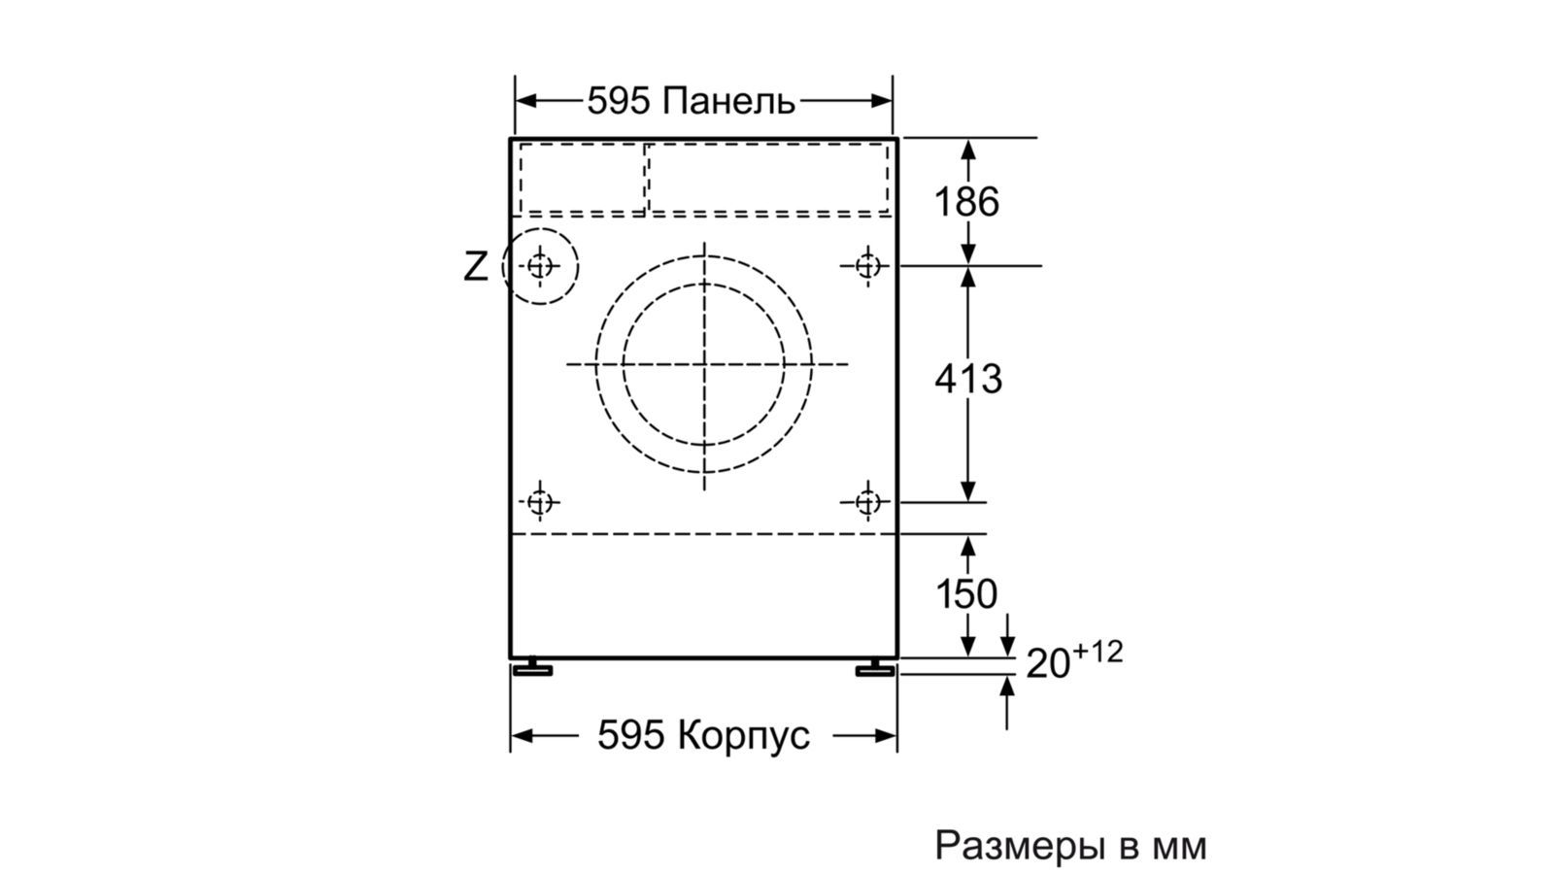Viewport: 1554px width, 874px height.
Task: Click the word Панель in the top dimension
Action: click(727, 101)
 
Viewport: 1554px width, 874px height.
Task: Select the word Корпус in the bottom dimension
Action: click(744, 734)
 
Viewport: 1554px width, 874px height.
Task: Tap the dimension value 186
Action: click(966, 202)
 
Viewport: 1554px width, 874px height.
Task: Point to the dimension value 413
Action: click(968, 380)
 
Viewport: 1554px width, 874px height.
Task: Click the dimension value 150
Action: click(966, 593)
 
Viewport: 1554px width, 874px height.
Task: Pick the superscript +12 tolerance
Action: click(1098, 652)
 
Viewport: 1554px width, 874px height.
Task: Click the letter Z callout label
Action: click(475, 266)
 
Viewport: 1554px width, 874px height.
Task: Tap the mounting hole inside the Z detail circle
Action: click(540, 266)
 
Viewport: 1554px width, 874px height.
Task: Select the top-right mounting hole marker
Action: click(867, 266)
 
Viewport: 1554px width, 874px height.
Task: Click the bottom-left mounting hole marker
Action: click(540, 501)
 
